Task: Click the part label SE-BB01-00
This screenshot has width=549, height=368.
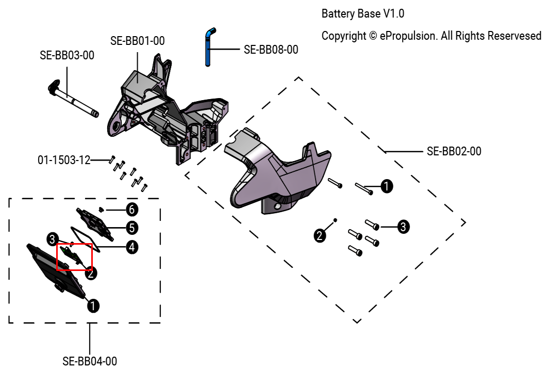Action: pyautogui.click(x=138, y=41)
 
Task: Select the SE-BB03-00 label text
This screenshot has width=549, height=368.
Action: pyautogui.click(x=67, y=55)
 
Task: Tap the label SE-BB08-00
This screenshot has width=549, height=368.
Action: pyautogui.click(x=271, y=50)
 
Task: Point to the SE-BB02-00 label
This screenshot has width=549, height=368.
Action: pyautogui.click(x=454, y=151)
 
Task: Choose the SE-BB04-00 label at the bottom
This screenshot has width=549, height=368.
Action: pyautogui.click(x=90, y=361)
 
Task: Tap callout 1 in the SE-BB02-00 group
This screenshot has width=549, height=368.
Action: pyautogui.click(x=386, y=186)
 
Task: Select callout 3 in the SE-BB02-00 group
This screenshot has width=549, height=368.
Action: pyautogui.click(x=403, y=226)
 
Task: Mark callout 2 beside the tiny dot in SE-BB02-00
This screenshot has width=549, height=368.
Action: pyautogui.click(x=320, y=236)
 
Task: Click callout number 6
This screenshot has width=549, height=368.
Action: pyautogui.click(x=132, y=209)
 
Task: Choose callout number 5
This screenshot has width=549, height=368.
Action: pyautogui.click(x=132, y=227)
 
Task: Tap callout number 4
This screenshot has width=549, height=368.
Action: pyautogui.click(x=132, y=247)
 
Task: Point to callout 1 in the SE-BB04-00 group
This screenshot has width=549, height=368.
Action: pyautogui.click(x=93, y=306)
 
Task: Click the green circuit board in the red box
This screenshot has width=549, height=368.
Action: pyautogui.click(x=71, y=254)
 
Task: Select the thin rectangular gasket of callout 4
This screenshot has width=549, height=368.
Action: pyautogui.click(x=82, y=236)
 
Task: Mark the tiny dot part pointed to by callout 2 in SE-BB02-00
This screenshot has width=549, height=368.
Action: pyautogui.click(x=336, y=220)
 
